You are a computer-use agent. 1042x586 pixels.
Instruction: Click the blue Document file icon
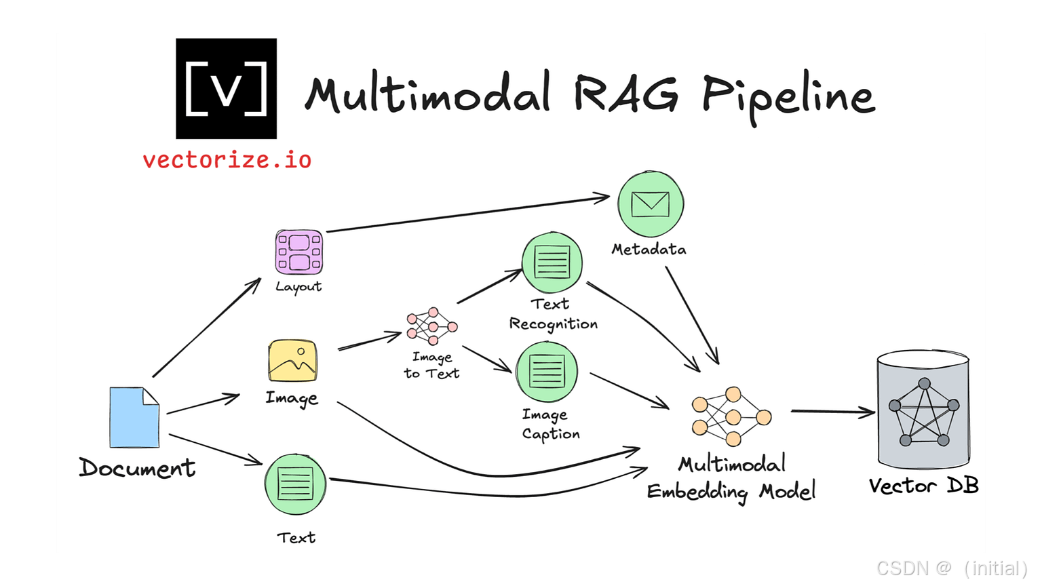(134, 417)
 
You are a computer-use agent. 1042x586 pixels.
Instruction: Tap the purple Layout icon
(298, 252)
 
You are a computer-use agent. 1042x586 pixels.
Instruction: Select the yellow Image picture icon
(292, 362)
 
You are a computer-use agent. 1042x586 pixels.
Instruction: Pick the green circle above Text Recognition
(552, 263)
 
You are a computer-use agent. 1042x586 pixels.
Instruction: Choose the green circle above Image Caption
(546, 372)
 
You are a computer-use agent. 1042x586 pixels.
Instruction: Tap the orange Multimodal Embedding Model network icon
(731, 416)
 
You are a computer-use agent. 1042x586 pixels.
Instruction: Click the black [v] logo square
(226, 88)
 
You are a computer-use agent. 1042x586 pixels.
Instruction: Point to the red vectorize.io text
(227, 160)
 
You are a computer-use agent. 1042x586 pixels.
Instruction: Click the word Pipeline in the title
(787, 96)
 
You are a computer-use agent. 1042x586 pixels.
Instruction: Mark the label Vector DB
(923, 486)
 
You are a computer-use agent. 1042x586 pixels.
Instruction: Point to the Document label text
(137, 468)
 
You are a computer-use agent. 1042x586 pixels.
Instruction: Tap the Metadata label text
(649, 250)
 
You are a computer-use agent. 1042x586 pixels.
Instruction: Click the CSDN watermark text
(950, 567)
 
